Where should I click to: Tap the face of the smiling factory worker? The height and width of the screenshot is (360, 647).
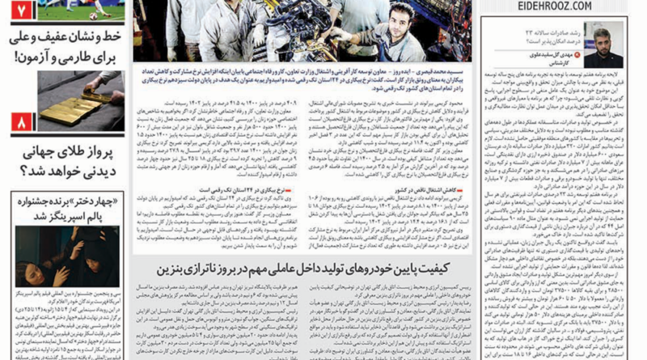coord(402,18)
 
